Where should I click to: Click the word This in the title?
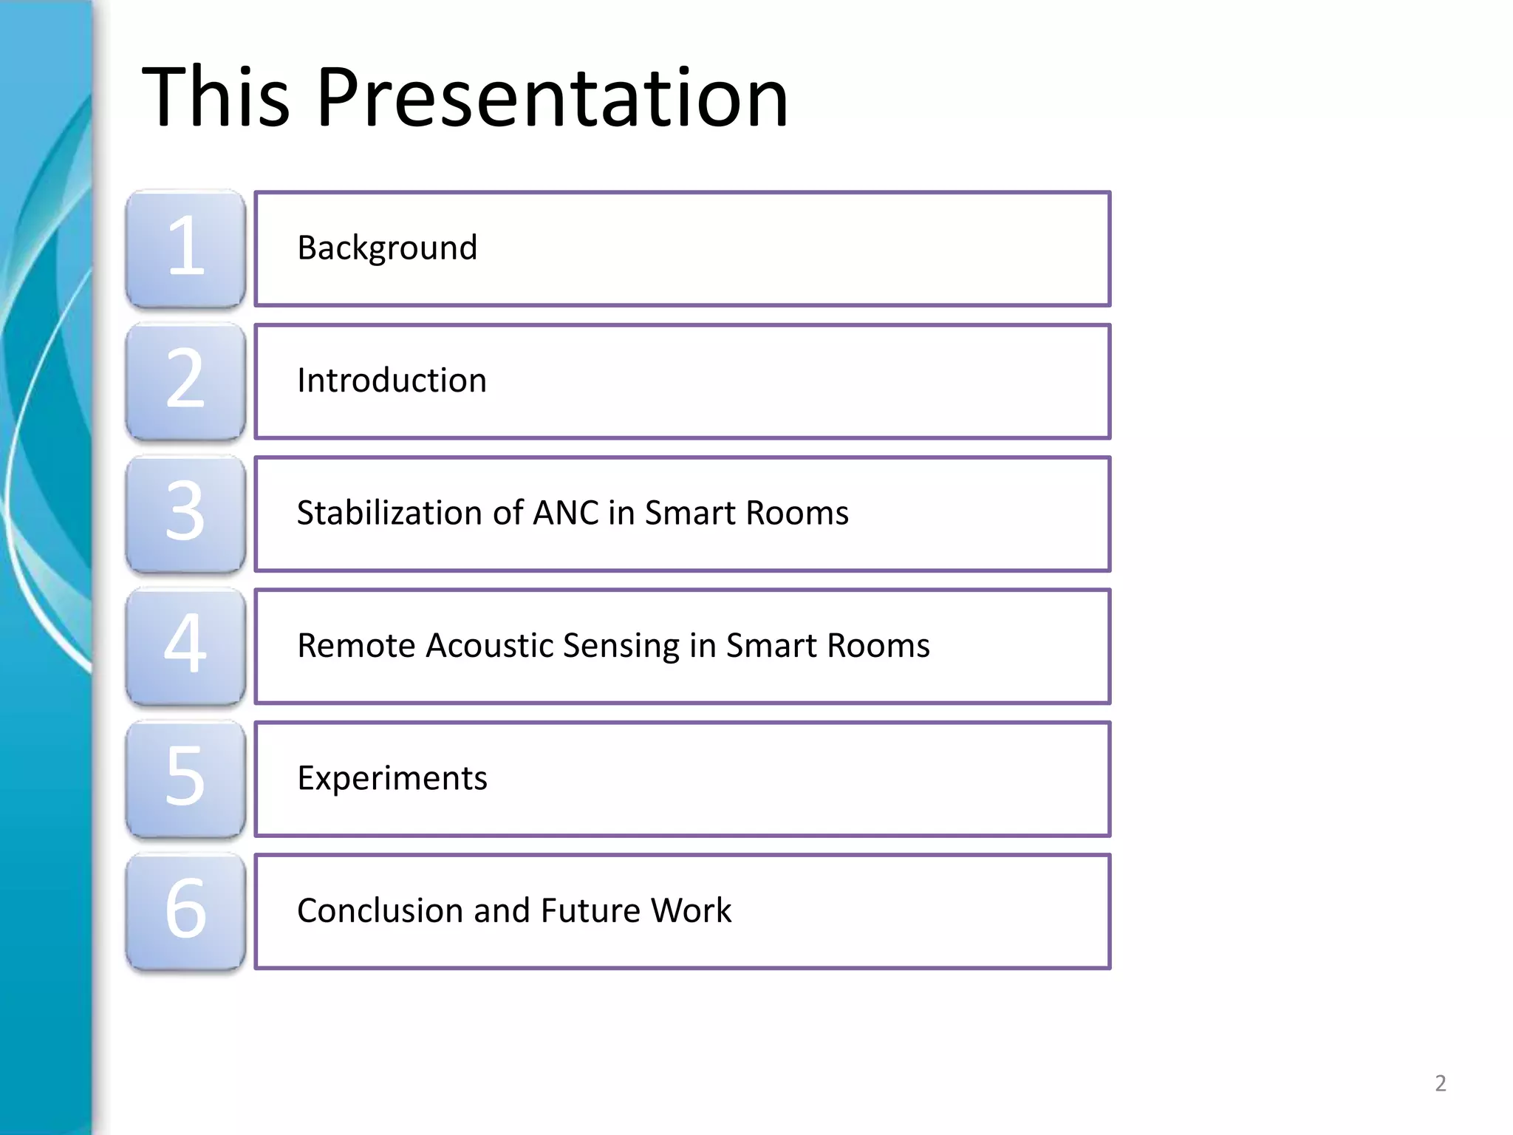pyautogui.click(x=216, y=98)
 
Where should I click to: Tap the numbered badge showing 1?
pyautogui.click(x=185, y=248)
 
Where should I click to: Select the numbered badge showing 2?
pyautogui.click(x=185, y=381)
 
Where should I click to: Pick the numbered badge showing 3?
pyautogui.click(x=185, y=513)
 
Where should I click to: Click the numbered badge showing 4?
pyautogui.click(x=185, y=645)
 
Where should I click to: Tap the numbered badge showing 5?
pyautogui.click(x=185, y=777)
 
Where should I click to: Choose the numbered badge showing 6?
pyautogui.click(x=185, y=910)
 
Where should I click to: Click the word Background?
pyautogui.click(x=387, y=248)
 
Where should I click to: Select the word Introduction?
pyautogui.click(x=392, y=381)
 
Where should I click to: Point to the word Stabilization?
pyautogui.click(x=389, y=513)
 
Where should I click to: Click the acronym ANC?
pyautogui.click(x=565, y=513)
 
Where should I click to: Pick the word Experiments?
pyautogui.click(x=392, y=778)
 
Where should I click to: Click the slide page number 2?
pyautogui.click(x=1440, y=1083)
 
